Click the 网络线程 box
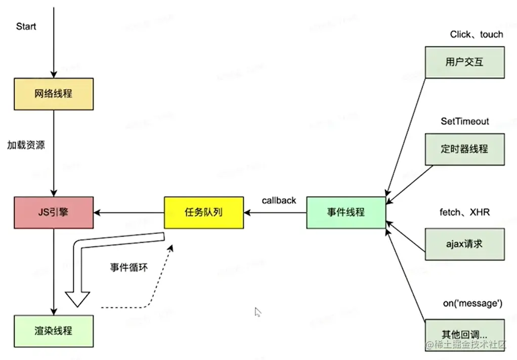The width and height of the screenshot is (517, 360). click(x=53, y=94)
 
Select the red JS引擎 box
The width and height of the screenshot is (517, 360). click(x=53, y=212)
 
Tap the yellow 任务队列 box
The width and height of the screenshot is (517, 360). click(x=204, y=212)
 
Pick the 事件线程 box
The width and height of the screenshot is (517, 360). click(x=346, y=212)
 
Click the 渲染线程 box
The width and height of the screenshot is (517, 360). click(x=53, y=331)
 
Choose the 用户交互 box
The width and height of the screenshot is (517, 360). click(x=464, y=62)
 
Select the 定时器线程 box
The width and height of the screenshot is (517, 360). click(x=464, y=149)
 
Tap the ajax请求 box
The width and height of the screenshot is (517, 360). click(x=464, y=244)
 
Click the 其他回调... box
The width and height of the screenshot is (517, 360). click(x=464, y=334)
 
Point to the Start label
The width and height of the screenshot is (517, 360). click(x=26, y=26)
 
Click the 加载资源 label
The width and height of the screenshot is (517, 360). click(x=26, y=145)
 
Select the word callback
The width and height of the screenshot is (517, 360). click(x=279, y=200)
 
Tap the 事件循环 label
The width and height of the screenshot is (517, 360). click(x=129, y=267)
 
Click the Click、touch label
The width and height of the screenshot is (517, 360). click(x=477, y=34)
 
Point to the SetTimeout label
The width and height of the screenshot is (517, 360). click(x=465, y=121)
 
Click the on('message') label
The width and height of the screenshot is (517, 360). click(x=472, y=303)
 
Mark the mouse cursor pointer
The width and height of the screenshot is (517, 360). click(x=257, y=311)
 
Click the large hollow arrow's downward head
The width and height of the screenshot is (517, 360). click(x=77, y=298)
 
